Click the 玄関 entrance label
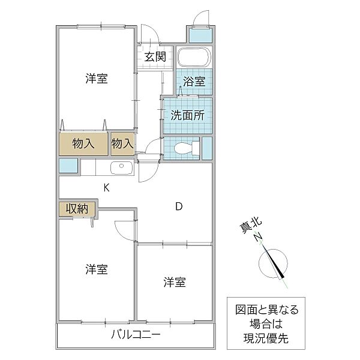[x=155, y=56]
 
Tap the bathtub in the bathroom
[x=194, y=56]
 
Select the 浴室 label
[x=194, y=82]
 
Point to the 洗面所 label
[x=187, y=115]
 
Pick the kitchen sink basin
[x=121, y=167]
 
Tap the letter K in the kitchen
[x=106, y=188]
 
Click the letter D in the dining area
[x=179, y=206]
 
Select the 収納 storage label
[x=77, y=209]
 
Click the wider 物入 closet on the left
[x=83, y=144]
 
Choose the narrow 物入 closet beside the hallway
[x=122, y=144]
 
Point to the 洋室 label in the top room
[x=97, y=78]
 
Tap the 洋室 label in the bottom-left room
[x=97, y=269]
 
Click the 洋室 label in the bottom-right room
[x=175, y=282]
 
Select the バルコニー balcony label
[x=136, y=335]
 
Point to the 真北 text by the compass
[x=250, y=225]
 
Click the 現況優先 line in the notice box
[x=266, y=338]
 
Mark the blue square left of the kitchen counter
[x=68, y=166]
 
